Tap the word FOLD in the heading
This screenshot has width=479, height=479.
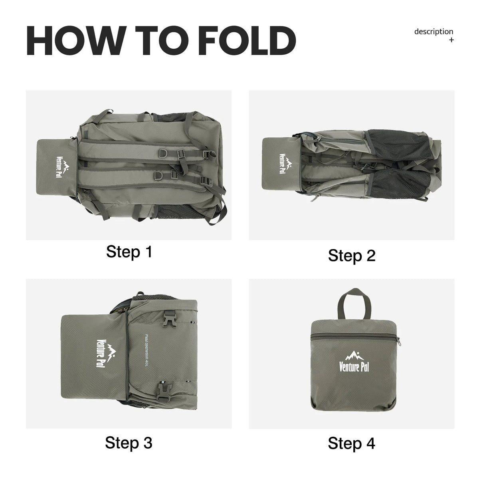247,41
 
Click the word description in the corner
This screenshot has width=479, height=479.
433,32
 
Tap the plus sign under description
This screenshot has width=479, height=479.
451,40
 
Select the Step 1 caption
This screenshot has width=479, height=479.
129,252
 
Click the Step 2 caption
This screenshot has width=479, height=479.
352,255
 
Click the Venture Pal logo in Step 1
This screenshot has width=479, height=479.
62,167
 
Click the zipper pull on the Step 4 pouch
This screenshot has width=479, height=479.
399,342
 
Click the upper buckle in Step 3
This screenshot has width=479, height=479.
169,320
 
